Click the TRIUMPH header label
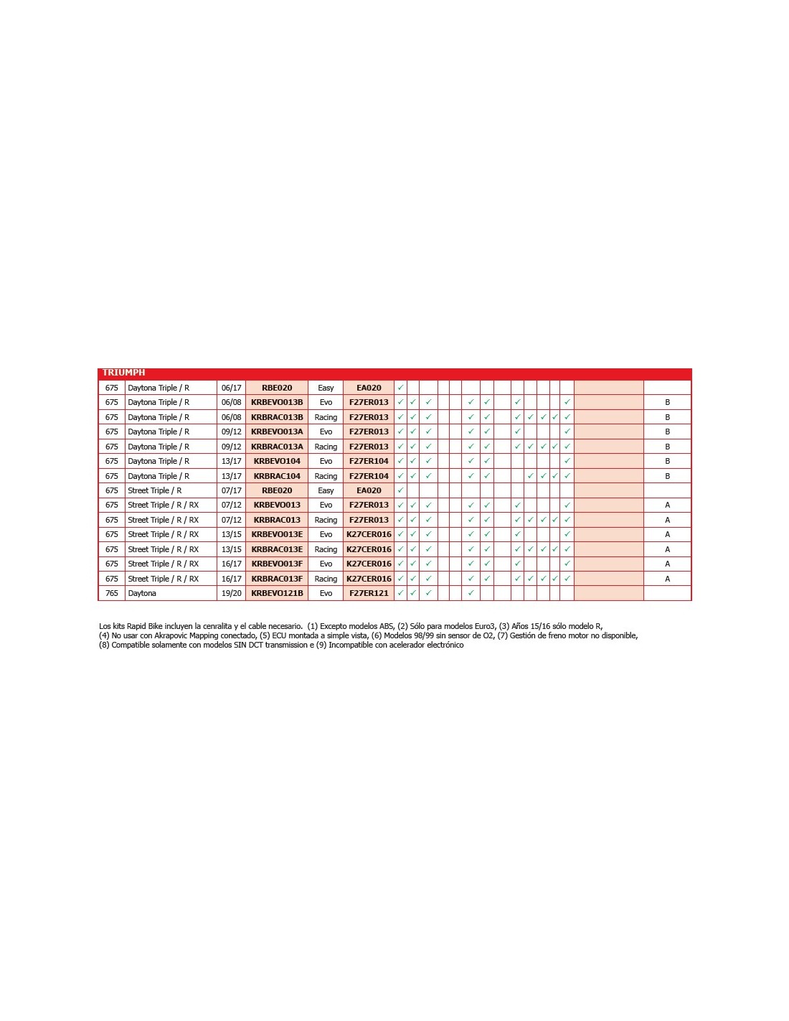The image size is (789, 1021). [123, 373]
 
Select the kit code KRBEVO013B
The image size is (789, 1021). [277, 402]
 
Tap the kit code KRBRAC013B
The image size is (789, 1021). [277, 417]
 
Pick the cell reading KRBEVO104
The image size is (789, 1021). [277, 461]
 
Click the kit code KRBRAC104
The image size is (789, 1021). [277, 476]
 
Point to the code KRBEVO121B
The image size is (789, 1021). [277, 593]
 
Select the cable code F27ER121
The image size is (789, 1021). [369, 593]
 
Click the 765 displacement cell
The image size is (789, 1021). [112, 593]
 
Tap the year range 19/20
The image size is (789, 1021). [231, 593]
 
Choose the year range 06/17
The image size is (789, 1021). [231, 388]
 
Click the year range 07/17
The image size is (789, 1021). [231, 490]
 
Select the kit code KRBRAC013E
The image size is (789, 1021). [277, 549]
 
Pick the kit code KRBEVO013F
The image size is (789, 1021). [277, 564]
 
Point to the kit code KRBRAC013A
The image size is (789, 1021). [277, 447]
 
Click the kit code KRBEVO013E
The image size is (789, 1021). [277, 534]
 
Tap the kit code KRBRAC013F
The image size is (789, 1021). [277, 579]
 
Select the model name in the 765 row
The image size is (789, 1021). [142, 593]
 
